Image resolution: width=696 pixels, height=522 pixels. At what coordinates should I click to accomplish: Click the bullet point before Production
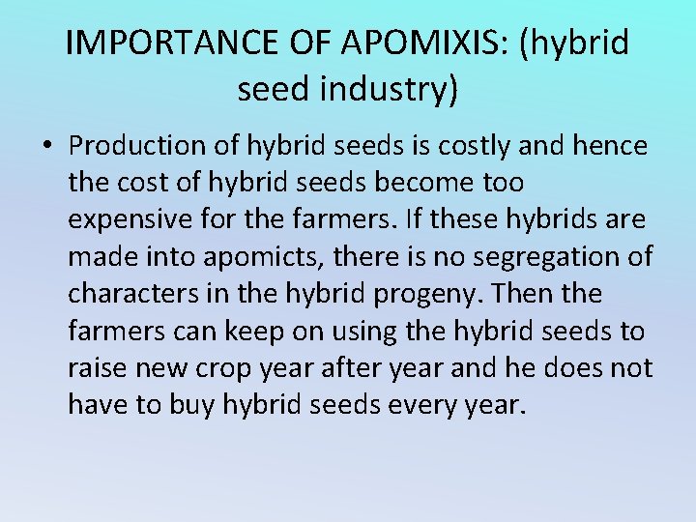pos(47,146)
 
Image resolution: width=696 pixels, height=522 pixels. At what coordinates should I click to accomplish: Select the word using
pos(339,332)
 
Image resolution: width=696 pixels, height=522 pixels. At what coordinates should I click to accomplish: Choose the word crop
pos(220,368)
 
